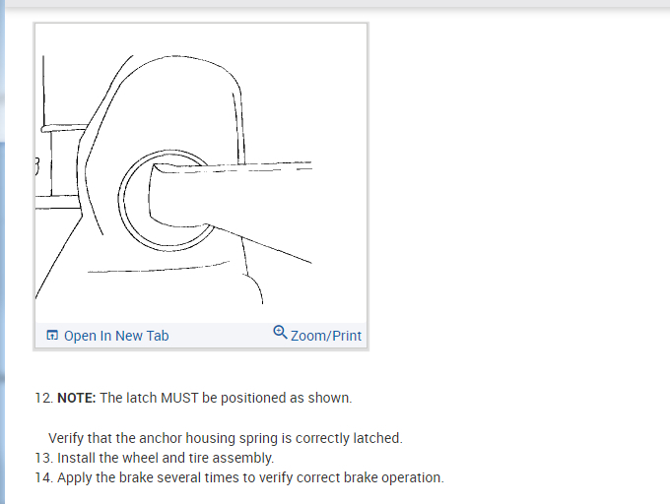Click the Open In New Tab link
116,336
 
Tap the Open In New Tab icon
52,336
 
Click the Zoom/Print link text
326,336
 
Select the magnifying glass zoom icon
280,333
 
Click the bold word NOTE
75,399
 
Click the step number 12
42,399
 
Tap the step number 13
42,458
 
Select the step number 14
42,478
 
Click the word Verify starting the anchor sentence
67,438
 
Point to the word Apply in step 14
75,478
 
